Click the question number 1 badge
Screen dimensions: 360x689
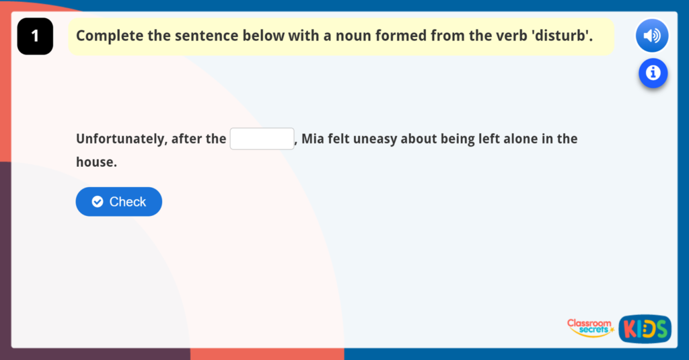(x=35, y=36)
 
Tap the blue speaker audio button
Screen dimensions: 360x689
(x=651, y=36)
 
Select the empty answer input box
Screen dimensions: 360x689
(x=262, y=139)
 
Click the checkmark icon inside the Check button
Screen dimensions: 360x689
(x=98, y=202)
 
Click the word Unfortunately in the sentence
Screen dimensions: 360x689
(x=120, y=139)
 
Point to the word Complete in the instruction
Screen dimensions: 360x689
(x=108, y=36)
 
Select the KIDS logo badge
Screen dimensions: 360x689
(x=645, y=328)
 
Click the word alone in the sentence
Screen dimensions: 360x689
(x=515, y=139)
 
